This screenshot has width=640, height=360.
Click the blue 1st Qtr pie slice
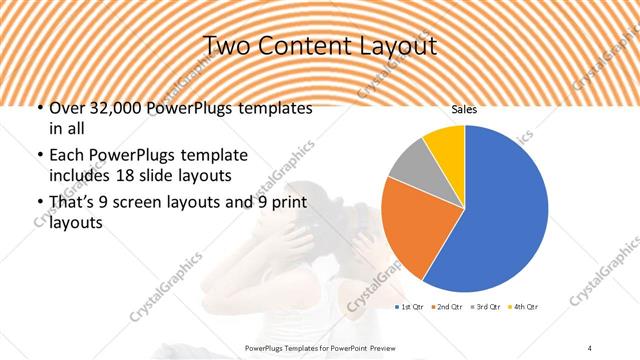pos(500,210)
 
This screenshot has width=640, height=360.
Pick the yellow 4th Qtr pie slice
pos(446,143)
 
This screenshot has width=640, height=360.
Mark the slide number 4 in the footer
pos(590,346)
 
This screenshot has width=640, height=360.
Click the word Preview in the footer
pos(392,346)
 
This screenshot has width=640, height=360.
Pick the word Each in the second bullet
pos(66,156)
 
